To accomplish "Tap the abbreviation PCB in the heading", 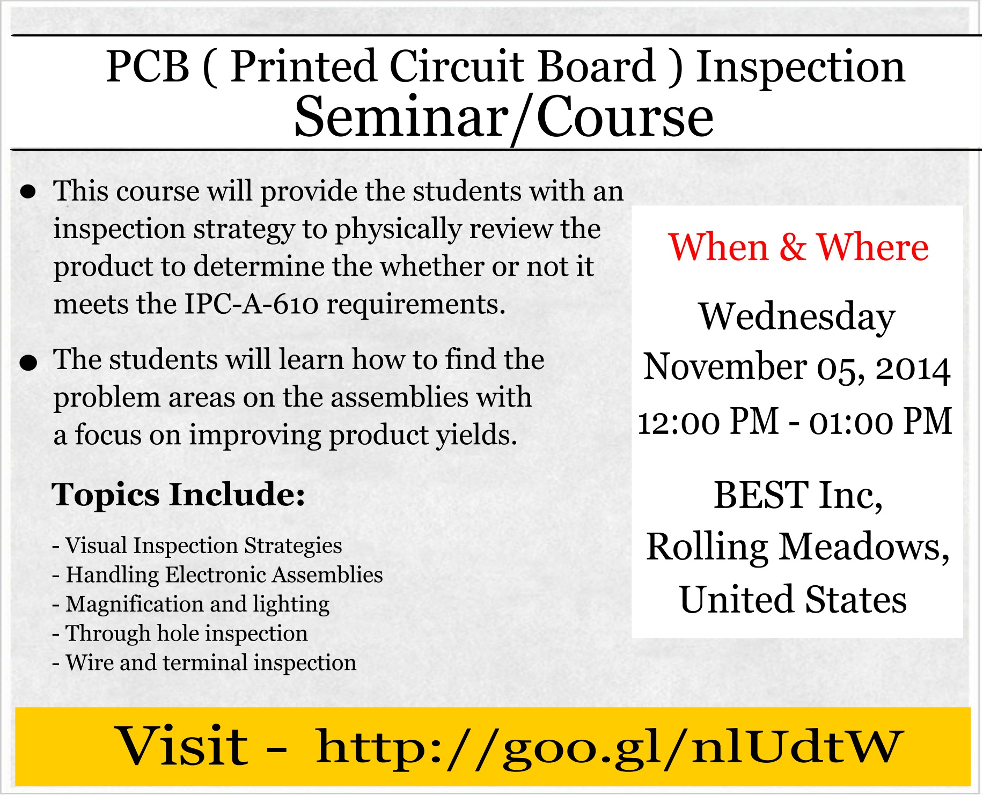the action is click(148, 67).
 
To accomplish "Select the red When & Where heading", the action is click(798, 247).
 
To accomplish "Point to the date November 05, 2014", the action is click(797, 368).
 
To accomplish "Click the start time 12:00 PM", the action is click(708, 421).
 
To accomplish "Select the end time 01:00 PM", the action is click(881, 421).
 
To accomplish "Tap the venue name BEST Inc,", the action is click(798, 495).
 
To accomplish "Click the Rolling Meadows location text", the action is click(798, 548).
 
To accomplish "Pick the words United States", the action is click(793, 599).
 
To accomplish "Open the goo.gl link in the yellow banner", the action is click(610, 747).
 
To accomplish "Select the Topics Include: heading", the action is click(179, 494).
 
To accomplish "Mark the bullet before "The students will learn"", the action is click(28, 363).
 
